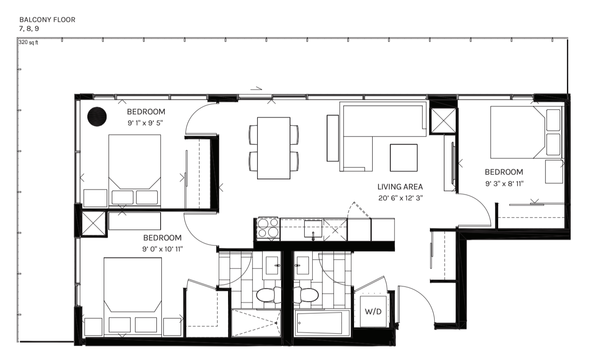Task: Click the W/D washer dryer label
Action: (373, 312)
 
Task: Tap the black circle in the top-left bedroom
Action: (97, 116)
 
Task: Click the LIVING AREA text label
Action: (400, 187)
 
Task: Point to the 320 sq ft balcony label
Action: (28, 43)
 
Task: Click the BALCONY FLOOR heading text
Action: (47, 20)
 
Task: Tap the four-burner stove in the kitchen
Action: (268, 228)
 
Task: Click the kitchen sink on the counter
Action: (313, 229)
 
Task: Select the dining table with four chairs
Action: (274, 148)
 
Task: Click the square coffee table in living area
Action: (403, 157)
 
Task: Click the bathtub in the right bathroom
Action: (322, 324)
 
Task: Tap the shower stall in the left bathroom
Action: (256, 323)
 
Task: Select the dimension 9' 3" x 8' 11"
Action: (504, 183)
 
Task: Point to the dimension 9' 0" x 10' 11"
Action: (162, 249)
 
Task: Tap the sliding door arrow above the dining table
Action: (256, 89)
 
